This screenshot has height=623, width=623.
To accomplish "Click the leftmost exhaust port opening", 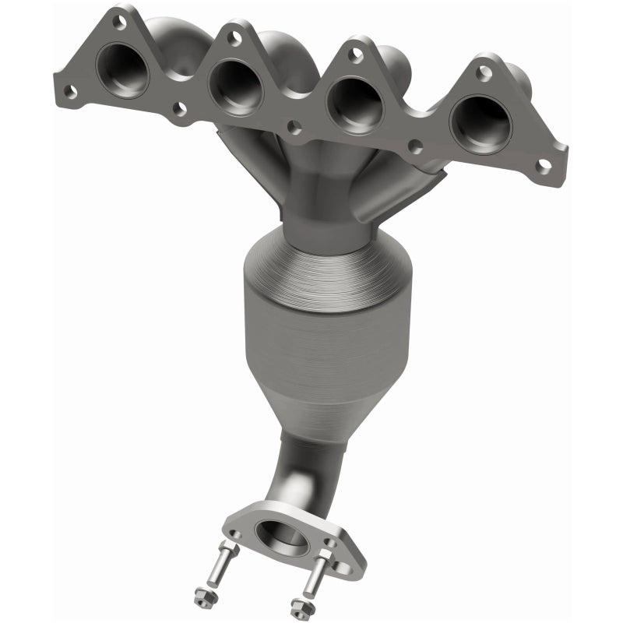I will click(x=122, y=70).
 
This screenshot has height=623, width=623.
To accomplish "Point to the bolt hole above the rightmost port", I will click(x=484, y=72).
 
